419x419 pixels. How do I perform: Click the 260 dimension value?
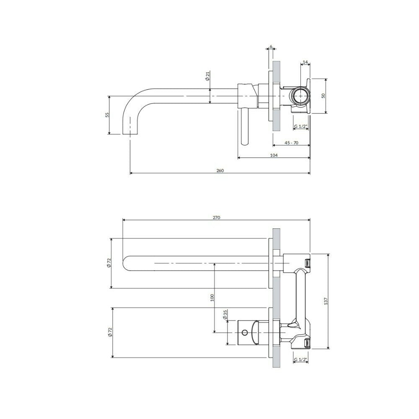[220, 171]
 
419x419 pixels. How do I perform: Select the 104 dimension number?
[274, 155]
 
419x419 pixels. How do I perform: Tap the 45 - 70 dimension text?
[291, 143]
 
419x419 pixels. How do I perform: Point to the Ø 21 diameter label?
[207, 76]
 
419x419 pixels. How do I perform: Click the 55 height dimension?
[107, 115]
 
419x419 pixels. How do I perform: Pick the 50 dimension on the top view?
[323, 96]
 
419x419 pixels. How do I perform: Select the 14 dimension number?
[305, 62]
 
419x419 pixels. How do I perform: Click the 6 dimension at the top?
[271, 47]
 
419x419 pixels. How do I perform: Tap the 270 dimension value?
[217, 217]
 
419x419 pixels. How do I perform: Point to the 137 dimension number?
[326, 301]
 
